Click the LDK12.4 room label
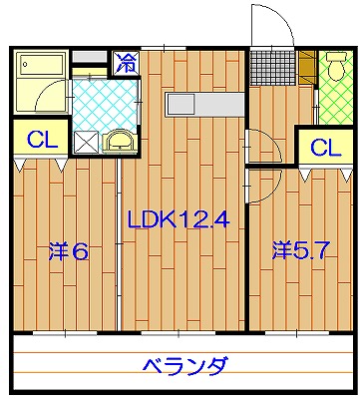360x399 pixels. click(x=179, y=219)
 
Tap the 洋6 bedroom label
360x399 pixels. click(x=69, y=251)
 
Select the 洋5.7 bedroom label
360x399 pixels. click(x=301, y=250)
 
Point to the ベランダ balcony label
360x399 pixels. click(x=186, y=366)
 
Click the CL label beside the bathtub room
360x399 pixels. click(x=43, y=140)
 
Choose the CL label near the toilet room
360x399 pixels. click(x=326, y=148)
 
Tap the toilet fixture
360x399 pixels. click(x=336, y=67)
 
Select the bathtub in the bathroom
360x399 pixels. click(x=42, y=65)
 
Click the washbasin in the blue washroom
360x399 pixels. click(x=120, y=142)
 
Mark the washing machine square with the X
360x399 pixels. click(x=87, y=143)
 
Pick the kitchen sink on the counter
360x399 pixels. click(x=180, y=105)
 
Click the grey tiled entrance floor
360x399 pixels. click(x=272, y=68)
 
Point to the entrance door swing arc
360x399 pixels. click(x=282, y=16)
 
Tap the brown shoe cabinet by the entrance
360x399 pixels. click(x=307, y=67)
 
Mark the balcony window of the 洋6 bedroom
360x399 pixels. click(x=65, y=332)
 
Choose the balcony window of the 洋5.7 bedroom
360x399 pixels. click(x=297, y=332)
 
